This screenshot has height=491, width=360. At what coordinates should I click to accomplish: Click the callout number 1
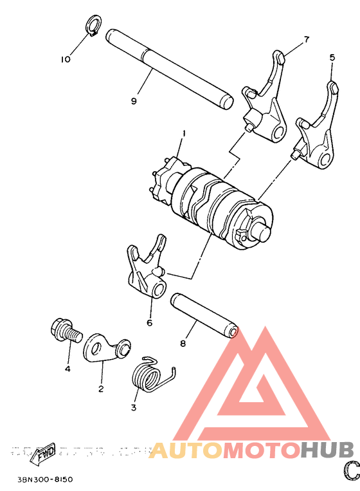point(183,134)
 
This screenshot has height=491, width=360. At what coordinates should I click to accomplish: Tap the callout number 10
point(65,59)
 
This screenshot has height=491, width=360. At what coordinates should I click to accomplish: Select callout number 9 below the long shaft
point(134,101)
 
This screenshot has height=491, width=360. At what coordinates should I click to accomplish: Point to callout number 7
point(306,39)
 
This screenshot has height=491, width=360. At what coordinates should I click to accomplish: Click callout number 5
point(332,57)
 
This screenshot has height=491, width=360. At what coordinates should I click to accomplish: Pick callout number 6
point(149,322)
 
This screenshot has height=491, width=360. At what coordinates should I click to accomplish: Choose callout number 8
point(183,344)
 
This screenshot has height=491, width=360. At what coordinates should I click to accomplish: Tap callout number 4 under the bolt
point(66,369)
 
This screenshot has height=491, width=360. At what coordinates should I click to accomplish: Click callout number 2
point(101,389)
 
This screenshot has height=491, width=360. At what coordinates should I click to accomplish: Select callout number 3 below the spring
point(134,407)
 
